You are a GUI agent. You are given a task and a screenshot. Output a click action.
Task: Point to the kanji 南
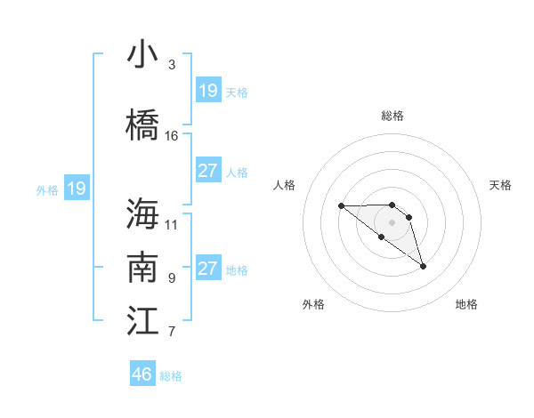click(142, 268)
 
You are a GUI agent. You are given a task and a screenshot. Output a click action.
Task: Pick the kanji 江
click(142, 320)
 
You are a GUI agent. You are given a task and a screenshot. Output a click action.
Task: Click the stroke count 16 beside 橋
click(172, 136)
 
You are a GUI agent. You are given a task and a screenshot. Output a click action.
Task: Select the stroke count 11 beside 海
click(172, 223)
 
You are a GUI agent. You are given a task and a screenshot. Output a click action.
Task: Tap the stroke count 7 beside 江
click(172, 333)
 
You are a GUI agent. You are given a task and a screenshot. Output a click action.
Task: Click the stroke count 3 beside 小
click(172, 65)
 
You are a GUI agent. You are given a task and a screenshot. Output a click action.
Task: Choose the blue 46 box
click(142, 374)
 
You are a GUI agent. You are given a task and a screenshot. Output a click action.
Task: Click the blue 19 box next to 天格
click(207, 91)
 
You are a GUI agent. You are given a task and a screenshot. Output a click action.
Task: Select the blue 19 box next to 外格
click(76, 189)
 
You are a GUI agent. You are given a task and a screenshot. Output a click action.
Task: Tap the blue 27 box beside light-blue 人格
click(207, 171)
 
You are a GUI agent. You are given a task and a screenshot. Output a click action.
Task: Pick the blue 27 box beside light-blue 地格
click(207, 269)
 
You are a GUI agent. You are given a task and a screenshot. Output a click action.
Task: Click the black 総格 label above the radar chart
click(392, 116)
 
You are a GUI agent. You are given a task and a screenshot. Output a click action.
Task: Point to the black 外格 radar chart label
click(313, 304)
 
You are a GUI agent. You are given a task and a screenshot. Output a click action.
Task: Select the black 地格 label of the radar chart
click(466, 304)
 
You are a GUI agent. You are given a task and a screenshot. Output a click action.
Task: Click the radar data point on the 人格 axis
click(341, 205)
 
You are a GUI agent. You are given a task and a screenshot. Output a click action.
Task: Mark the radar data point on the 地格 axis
click(423, 266)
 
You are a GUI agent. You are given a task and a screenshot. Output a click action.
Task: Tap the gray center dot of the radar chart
click(392, 221)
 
